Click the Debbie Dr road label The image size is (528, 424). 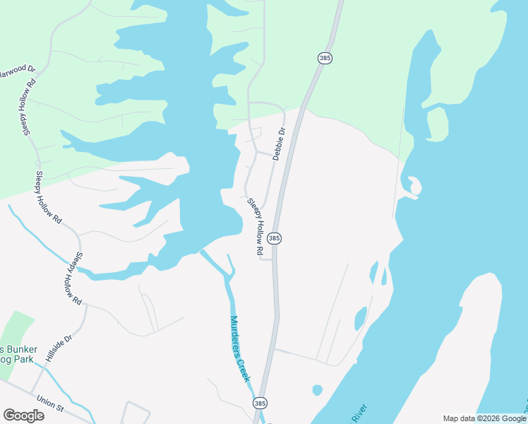coord(280,143)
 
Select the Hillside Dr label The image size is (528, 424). coord(59,349)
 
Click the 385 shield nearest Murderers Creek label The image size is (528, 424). coord(260,403)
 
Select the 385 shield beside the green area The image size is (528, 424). coord(325,58)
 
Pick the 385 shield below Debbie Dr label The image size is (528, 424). coord(275,239)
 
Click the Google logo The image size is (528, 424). coord(23,415)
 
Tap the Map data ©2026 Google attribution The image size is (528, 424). coord(484,419)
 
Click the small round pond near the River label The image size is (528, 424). coord(317,389)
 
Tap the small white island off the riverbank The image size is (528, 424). coord(414,186)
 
